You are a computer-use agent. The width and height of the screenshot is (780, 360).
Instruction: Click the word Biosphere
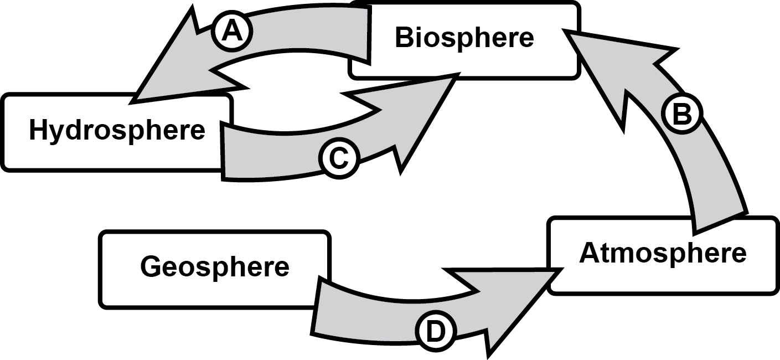pyautogui.click(x=464, y=38)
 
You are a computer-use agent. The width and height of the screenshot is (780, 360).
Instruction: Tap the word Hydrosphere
pyautogui.click(x=117, y=131)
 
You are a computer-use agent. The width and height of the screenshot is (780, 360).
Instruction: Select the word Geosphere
pyautogui.click(x=215, y=266)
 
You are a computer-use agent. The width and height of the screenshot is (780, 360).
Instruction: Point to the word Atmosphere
pyautogui.click(x=663, y=254)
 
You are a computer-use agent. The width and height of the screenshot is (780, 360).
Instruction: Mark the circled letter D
pyautogui.click(x=435, y=332)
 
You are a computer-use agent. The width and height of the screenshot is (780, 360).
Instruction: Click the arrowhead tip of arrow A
pyautogui.click(x=135, y=101)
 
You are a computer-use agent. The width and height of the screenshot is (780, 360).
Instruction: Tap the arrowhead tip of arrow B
pyautogui.click(x=566, y=32)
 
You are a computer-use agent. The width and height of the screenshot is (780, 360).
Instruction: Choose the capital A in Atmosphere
pyautogui.click(x=590, y=254)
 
